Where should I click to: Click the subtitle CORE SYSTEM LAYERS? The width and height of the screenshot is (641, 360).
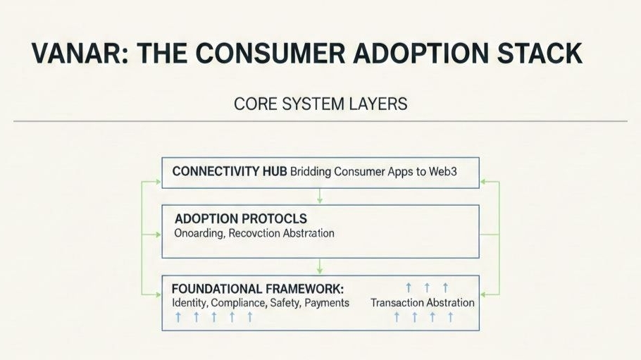click(320, 104)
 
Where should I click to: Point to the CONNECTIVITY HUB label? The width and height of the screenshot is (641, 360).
click(228, 172)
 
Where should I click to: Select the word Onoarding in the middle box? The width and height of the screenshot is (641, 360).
click(199, 233)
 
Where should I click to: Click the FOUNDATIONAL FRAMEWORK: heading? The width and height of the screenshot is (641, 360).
click(258, 289)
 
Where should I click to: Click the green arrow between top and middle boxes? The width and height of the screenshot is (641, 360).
click(320, 195)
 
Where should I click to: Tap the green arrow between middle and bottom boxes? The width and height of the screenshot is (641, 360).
click(320, 266)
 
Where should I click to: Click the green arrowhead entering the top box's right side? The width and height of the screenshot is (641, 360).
click(484, 181)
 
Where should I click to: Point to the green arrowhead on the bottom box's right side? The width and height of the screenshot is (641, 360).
click(484, 294)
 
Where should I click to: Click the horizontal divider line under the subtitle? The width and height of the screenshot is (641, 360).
click(320, 121)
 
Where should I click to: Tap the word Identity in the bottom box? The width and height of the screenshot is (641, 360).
click(188, 302)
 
